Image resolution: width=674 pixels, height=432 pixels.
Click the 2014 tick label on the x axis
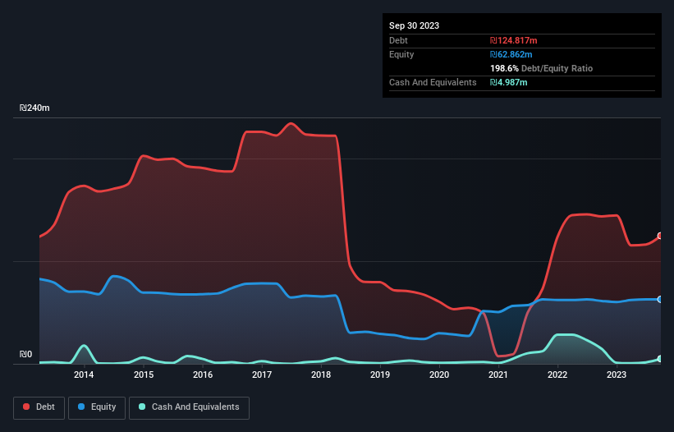pyautogui.click(x=83, y=375)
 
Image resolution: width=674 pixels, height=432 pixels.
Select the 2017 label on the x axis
pyautogui.click(x=261, y=375)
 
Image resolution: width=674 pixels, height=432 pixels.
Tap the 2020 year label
pyautogui.click(x=439, y=375)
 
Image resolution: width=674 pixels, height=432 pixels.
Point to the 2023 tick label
pyautogui.click(x=617, y=375)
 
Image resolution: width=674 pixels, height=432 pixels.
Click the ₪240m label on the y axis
pyautogui.click(x=34, y=108)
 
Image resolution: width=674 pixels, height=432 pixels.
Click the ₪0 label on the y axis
pyautogui.click(x=25, y=355)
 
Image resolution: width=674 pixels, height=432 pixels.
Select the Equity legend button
pyautogui.click(x=97, y=407)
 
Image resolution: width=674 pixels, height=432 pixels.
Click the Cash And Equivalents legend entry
pyautogui.click(x=189, y=407)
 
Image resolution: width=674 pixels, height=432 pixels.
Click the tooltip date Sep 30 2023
pyautogui.click(x=414, y=25)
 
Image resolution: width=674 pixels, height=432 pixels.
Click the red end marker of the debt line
pyautogui.click(x=660, y=236)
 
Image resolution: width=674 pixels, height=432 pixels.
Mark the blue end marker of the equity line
pyautogui.click(x=660, y=299)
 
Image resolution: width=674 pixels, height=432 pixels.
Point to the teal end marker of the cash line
pyautogui.click(x=660, y=359)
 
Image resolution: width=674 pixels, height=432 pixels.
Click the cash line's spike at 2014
pyautogui.click(x=83, y=346)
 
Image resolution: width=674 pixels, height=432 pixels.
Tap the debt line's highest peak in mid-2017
pyautogui.click(x=291, y=124)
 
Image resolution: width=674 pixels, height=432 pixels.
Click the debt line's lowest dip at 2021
pyautogui.click(x=501, y=356)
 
